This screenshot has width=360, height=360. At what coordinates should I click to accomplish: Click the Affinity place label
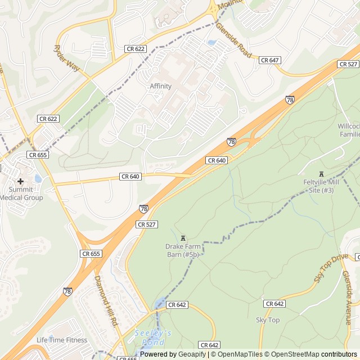click(x=160, y=86)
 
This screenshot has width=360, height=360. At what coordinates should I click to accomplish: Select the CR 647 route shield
click(x=270, y=60)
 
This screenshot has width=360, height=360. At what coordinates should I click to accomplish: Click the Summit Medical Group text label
click(x=21, y=193)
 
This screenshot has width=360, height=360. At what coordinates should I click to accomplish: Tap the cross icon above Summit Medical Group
click(x=21, y=181)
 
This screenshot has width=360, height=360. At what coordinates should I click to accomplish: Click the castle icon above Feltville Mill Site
click(x=321, y=174)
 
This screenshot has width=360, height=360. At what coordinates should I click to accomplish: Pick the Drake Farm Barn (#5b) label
click(x=182, y=250)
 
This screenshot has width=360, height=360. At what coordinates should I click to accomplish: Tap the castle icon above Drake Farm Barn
click(x=182, y=238)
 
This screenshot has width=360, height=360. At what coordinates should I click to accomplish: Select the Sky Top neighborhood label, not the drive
click(x=268, y=320)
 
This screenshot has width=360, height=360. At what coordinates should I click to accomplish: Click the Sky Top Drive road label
click(x=331, y=268)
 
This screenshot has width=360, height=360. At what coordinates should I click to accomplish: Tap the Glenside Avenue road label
click(x=347, y=297)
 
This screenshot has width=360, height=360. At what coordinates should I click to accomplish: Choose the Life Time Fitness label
click(x=62, y=340)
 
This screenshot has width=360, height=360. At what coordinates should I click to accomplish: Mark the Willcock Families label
click(x=349, y=130)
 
